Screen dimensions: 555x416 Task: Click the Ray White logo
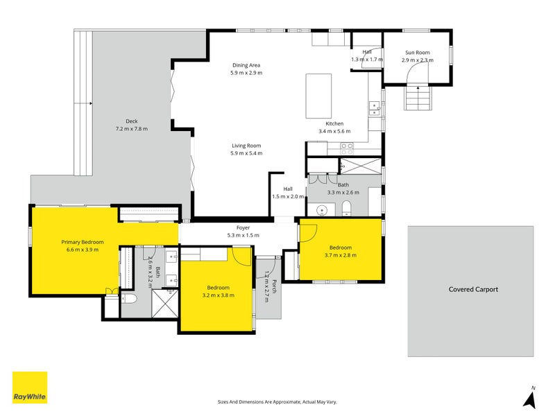(30, 388)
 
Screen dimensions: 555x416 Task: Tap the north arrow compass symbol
(530, 398)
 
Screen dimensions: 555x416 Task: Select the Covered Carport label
(473, 289)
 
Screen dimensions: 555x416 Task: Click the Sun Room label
(418, 53)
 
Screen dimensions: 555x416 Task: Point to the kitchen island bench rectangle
(318, 96)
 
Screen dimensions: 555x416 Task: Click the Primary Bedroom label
(83, 242)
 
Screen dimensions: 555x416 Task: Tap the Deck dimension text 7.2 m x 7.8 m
(132, 129)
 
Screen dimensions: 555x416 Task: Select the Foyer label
(244, 228)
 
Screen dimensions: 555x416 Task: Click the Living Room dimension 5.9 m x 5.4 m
(246, 153)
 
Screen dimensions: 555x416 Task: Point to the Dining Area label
(246, 65)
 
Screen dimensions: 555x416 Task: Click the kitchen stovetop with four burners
(347, 148)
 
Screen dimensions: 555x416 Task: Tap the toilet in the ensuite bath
(129, 300)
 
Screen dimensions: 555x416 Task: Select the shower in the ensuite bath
(164, 303)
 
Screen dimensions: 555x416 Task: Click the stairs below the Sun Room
(418, 98)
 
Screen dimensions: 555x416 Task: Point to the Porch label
(274, 286)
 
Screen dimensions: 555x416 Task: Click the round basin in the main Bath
(322, 210)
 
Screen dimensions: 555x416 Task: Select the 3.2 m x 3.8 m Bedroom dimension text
(219, 295)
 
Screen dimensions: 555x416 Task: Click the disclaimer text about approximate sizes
(277, 402)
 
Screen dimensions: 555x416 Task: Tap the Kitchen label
(334, 123)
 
